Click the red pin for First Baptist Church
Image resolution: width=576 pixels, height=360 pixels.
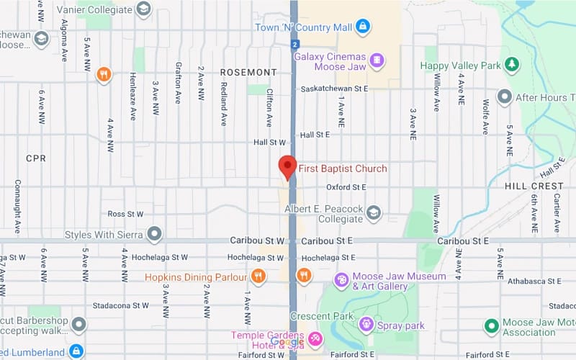pos(288,166)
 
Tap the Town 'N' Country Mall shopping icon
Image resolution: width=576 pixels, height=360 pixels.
pos(363,27)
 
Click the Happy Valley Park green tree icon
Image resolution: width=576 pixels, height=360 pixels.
pos(512,65)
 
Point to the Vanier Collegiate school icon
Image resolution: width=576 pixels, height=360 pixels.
pos(144,9)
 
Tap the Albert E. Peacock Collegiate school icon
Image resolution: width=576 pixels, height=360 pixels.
pos(373,212)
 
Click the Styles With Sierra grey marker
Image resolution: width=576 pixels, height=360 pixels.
pos(153,234)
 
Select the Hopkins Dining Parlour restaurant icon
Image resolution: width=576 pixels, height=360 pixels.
pos(258,276)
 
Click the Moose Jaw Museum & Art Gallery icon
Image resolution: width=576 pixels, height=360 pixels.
pos(341,280)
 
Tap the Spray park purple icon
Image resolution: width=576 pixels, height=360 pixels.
pos(366,325)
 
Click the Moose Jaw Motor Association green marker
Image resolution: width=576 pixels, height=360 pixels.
pos(491,326)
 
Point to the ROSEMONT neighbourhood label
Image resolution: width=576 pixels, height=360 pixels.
pos(248,73)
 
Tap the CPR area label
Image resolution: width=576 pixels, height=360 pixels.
pos(35,158)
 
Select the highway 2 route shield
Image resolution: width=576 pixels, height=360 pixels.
pos(294,45)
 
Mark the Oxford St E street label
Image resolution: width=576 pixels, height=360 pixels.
pos(346,187)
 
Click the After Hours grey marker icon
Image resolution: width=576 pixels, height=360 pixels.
pos(505,96)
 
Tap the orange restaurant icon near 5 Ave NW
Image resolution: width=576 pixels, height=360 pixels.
pos(104,74)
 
